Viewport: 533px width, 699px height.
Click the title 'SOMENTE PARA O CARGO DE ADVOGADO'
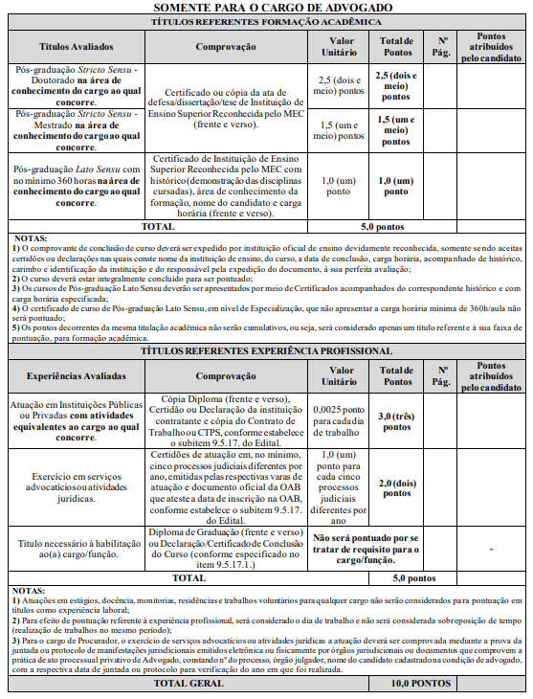pyautogui.click(x=266, y=8)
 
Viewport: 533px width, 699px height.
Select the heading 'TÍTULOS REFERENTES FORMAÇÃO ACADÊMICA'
pyautogui.click(x=266, y=21)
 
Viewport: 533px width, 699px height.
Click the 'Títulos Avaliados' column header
pyautogui.click(x=76, y=46)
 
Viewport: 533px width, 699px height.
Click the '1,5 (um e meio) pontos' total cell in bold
pyautogui.click(x=395, y=126)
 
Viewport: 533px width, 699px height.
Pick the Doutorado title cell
pyautogui.click(x=76, y=84)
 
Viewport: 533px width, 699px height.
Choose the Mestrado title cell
pyautogui.click(x=76, y=126)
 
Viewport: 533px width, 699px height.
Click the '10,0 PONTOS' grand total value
pyautogui.click(x=421, y=684)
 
